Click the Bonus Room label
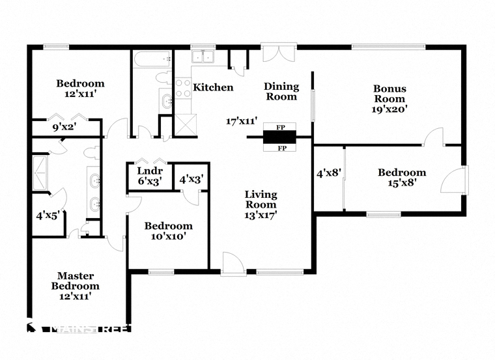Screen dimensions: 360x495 click(x=389, y=93)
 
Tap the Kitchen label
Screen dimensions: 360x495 click(x=213, y=87)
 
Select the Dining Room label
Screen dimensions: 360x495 click(x=281, y=91)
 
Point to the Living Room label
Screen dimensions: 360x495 click(x=261, y=199)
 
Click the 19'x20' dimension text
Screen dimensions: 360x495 click(x=389, y=109)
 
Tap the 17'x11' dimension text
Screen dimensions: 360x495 click(x=242, y=121)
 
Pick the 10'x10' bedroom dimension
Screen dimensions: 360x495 click(x=168, y=236)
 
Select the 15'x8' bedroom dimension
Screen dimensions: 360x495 click(x=402, y=183)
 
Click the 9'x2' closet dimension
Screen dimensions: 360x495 click(x=64, y=128)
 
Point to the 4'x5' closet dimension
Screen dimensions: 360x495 click(x=48, y=214)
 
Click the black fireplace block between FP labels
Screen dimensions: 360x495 click(x=279, y=137)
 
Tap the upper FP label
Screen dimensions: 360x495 click(x=280, y=126)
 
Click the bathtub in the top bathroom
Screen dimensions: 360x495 click(x=151, y=61)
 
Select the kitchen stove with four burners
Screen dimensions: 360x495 click(x=183, y=89)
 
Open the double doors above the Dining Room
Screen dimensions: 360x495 click(x=279, y=53)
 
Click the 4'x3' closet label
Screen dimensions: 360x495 click(x=190, y=178)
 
